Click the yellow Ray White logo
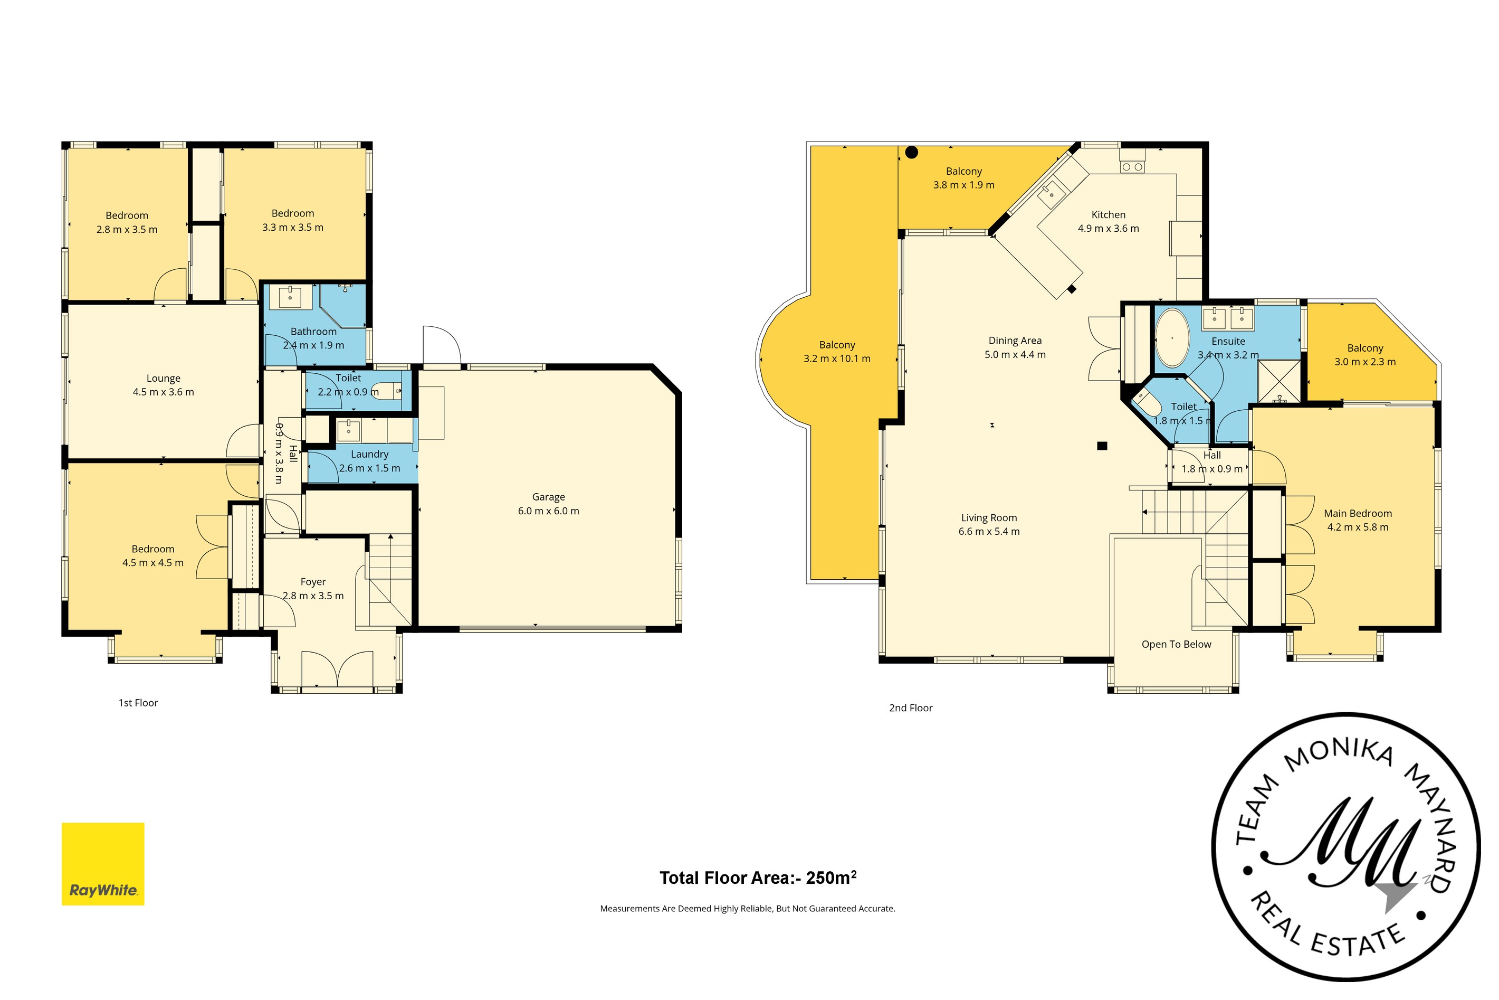click(102, 864)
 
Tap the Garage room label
click(548, 497)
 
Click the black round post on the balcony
click(912, 153)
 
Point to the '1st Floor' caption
click(138, 703)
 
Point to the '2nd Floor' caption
click(911, 708)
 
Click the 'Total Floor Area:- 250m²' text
click(758, 878)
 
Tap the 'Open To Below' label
click(1177, 644)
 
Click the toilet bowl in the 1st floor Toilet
click(386, 390)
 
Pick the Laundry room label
click(370, 454)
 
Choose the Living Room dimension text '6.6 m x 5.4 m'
click(989, 531)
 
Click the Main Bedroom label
click(1358, 513)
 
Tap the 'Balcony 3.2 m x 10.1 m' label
click(837, 352)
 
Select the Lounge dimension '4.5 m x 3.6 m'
click(163, 392)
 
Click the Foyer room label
click(313, 582)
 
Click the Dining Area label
click(1015, 341)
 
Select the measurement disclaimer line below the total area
click(748, 909)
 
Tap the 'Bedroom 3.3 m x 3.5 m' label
click(292, 220)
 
